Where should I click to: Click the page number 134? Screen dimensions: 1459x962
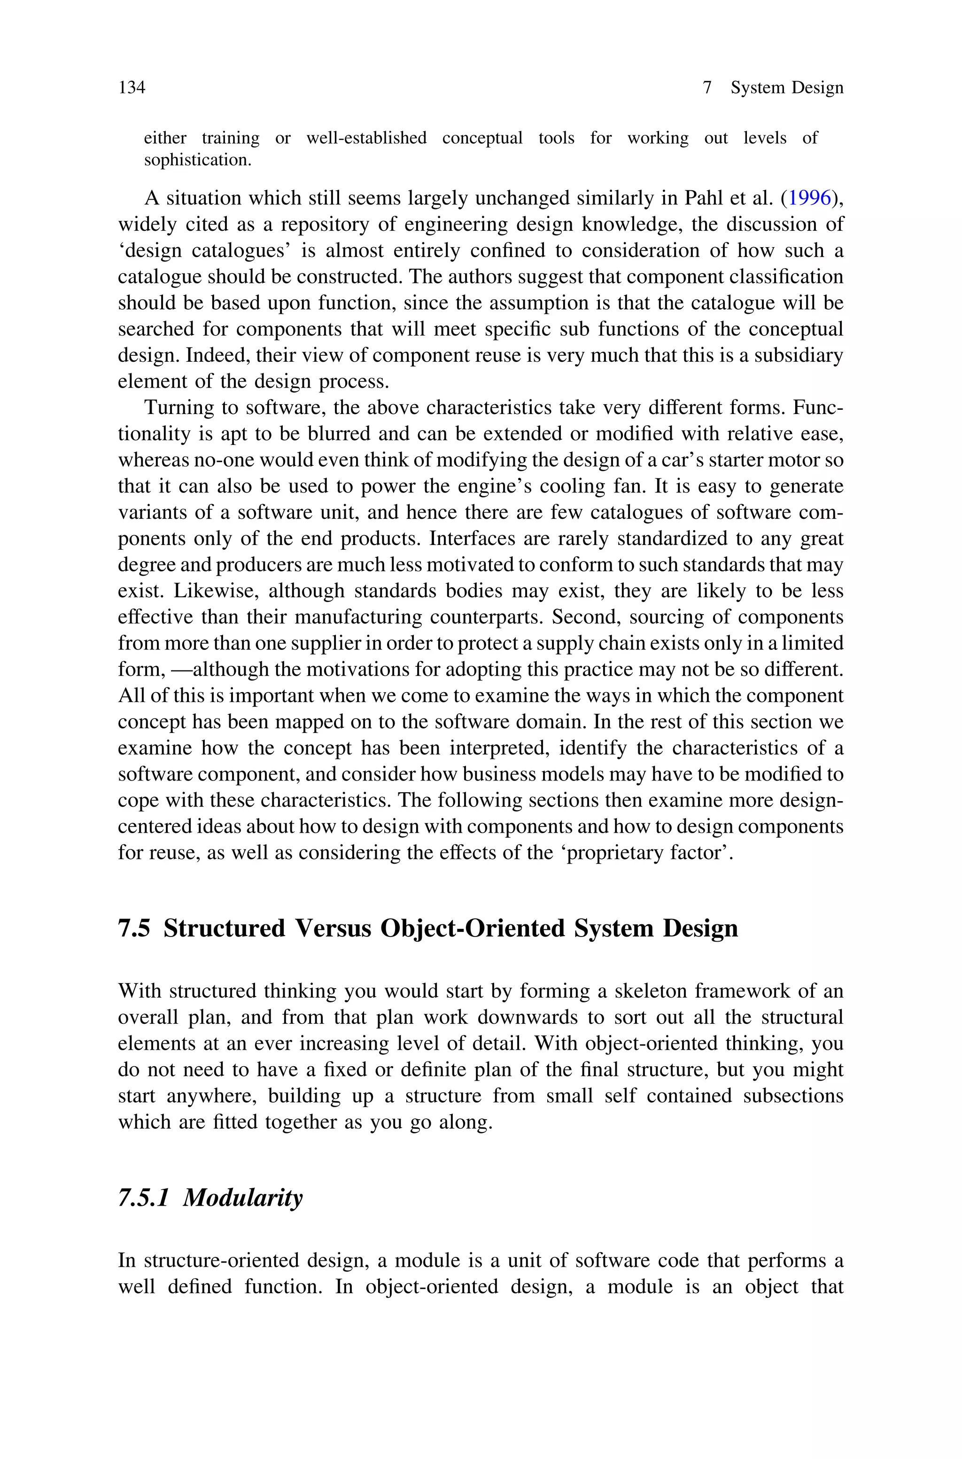pos(132,88)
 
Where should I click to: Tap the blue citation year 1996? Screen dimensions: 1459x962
pos(809,198)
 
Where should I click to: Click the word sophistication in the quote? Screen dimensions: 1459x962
pos(198,160)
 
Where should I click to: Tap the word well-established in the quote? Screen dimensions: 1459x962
pos(366,138)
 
